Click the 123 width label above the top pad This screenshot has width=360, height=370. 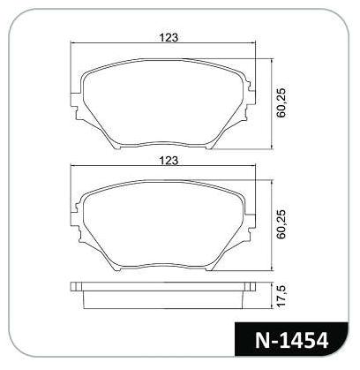(x=169, y=38)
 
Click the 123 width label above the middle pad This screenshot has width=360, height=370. (x=169, y=161)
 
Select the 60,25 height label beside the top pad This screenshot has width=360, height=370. (x=281, y=102)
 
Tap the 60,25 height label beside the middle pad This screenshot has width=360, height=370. (x=281, y=224)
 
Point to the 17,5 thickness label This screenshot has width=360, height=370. (x=281, y=296)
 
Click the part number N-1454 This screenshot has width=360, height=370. (x=291, y=340)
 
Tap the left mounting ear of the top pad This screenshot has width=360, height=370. (x=76, y=106)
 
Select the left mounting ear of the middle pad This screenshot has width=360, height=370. (x=76, y=223)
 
